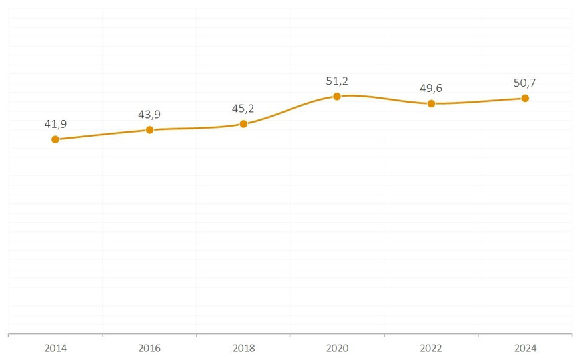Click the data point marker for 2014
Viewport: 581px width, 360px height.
55,139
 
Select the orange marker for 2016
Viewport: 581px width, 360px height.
149,130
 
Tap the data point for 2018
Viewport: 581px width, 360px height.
243,124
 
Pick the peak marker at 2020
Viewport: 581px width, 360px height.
337,96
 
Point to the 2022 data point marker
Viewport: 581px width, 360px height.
431,103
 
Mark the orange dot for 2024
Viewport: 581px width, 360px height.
525,98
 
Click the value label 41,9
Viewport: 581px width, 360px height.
55,124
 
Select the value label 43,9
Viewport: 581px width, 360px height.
149,115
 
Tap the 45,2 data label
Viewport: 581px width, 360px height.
243,109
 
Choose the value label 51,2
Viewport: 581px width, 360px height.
337,81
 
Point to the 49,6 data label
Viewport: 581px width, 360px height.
431,88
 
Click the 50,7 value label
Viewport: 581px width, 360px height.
525,83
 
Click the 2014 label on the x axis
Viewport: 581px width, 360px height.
55,348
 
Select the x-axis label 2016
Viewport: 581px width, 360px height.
149,348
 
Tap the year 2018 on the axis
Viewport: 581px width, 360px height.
243,348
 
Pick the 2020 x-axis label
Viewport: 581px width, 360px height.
337,348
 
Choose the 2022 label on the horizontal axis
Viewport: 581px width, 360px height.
431,348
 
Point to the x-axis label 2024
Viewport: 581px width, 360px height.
525,348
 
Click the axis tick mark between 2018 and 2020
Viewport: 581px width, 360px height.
290,335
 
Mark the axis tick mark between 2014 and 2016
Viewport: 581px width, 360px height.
103,335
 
